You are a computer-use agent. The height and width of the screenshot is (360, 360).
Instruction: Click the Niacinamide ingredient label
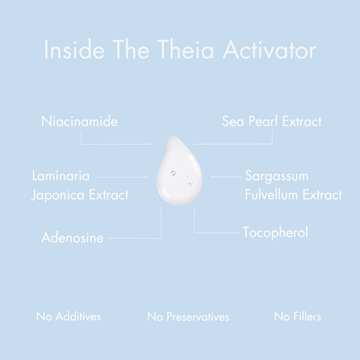(x=79, y=121)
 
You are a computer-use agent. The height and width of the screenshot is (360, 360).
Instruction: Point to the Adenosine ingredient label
(x=72, y=238)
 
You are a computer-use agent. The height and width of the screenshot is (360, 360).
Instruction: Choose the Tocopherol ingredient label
(x=275, y=232)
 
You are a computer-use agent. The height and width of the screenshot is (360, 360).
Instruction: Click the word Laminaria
(x=61, y=176)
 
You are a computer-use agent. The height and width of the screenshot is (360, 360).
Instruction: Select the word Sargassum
(x=277, y=176)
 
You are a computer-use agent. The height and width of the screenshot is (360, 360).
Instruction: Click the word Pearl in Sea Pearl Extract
(x=268, y=121)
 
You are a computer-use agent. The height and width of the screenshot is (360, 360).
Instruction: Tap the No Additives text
(x=68, y=316)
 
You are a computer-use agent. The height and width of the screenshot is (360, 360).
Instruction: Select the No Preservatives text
(x=188, y=316)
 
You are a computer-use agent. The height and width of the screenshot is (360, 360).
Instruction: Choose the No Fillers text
(x=298, y=316)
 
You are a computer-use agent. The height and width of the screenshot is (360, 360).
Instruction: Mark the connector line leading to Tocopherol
(x=214, y=232)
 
